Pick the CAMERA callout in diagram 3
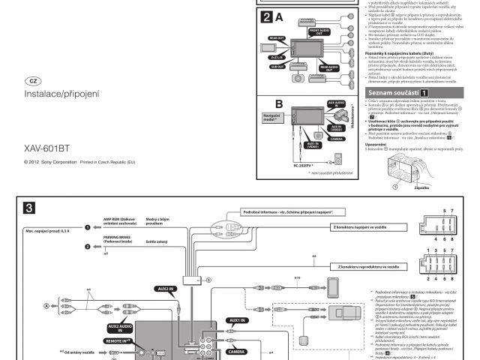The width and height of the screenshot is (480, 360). pos(235,350)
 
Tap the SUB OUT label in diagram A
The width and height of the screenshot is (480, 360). pos(277,66)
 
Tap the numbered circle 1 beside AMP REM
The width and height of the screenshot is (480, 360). pos(87,226)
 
